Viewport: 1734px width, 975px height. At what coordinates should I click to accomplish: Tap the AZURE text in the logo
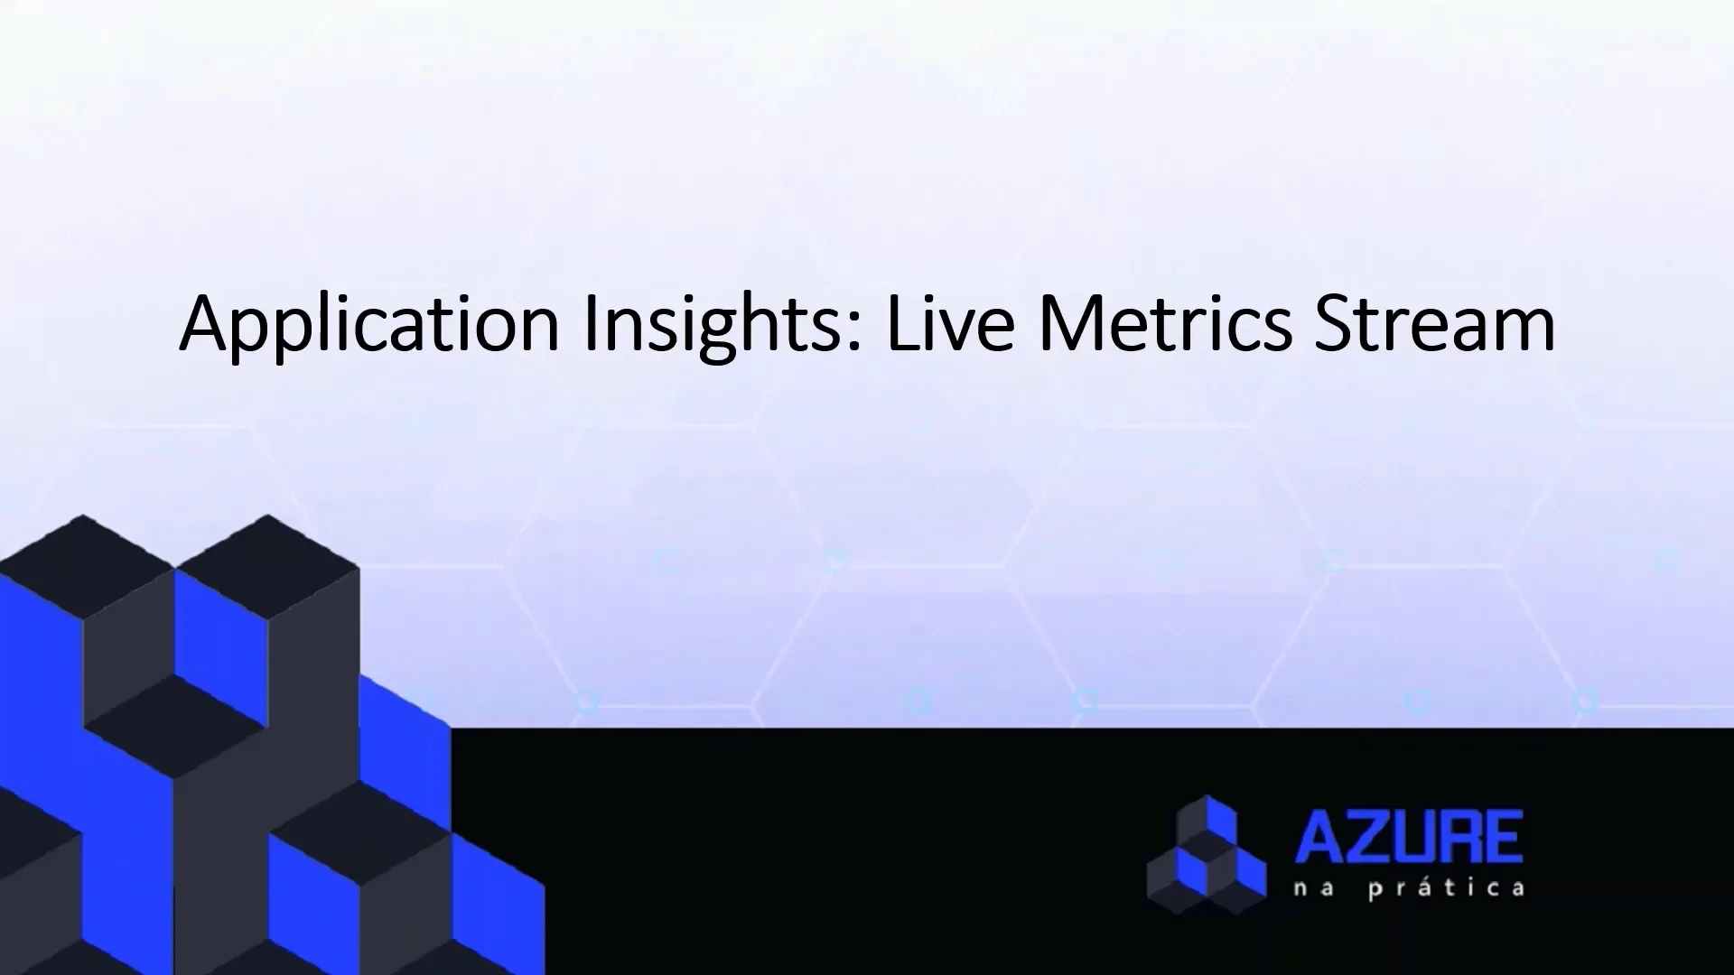[x=1409, y=838]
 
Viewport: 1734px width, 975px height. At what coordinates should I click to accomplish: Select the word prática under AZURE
[x=1447, y=889]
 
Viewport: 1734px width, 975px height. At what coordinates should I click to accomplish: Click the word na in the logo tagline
[x=1313, y=889]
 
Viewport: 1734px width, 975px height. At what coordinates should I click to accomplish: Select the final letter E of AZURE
[x=1505, y=838]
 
